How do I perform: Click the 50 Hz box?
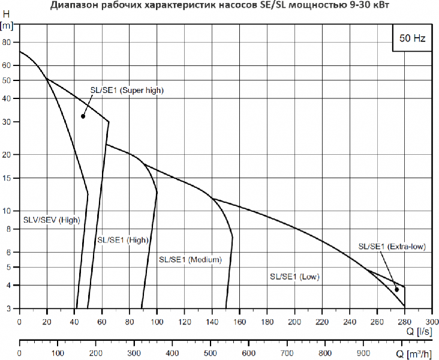coord(412,38)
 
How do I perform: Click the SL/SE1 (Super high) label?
coord(127,90)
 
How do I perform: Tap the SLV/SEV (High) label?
coord(52,220)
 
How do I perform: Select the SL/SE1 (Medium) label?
coord(190,260)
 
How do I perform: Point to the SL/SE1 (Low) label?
coord(294,277)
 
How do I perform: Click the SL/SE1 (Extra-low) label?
coord(392,246)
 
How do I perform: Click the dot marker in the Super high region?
coord(83,116)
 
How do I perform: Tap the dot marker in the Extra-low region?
coord(396,290)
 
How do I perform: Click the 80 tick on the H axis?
coord(7,43)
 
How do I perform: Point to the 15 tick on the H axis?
coord(7,178)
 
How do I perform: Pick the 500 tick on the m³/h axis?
coord(210,353)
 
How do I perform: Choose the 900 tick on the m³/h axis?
coord(363,353)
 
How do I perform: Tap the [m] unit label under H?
coord(7,26)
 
